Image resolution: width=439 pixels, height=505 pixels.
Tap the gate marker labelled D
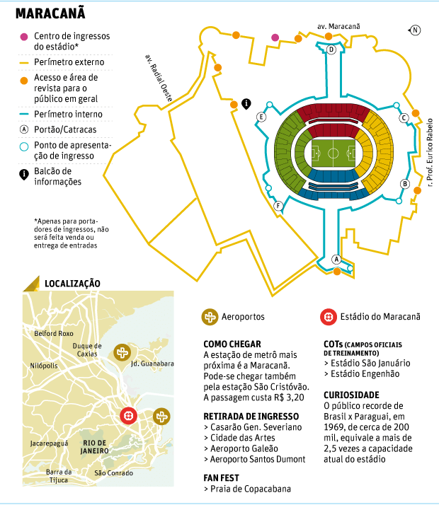(x=331, y=50)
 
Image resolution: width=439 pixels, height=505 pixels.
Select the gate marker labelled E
(x=261, y=117)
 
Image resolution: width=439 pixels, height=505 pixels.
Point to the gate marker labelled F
(x=278, y=207)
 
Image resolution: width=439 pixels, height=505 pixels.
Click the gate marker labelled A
(x=337, y=259)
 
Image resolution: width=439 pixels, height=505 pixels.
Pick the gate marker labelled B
(x=405, y=184)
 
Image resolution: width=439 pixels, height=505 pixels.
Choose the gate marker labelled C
(x=404, y=118)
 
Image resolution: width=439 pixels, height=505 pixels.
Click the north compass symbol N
(x=416, y=30)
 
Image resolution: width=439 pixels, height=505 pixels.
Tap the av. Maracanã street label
(x=338, y=26)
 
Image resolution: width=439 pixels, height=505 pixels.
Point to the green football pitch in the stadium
(x=333, y=152)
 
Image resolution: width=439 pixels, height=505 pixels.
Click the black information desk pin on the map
(x=246, y=103)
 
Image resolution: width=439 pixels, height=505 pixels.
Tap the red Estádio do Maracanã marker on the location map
(x=128, y=417)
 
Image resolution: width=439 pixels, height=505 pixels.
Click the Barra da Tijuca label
(x=58, y=475)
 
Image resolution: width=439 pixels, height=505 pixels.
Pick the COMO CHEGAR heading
(x=232, y=343)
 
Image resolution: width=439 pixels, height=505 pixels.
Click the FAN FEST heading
(x=223, y=476)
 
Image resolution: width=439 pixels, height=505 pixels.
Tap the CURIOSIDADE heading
(x=351, y=395)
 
